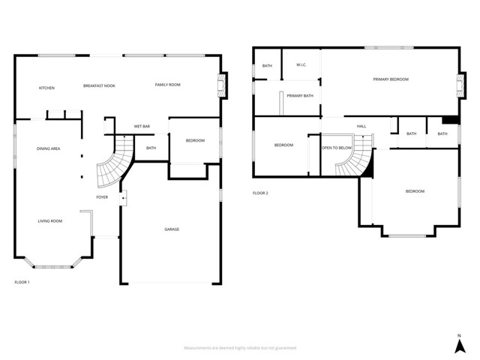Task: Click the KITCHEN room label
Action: pos(46,88)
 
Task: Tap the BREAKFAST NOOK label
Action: pos(99,85)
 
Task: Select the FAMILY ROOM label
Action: pos(168,85)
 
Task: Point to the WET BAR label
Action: pos(142,126)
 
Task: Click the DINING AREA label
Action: pos(49,148)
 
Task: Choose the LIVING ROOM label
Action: pos(50,220)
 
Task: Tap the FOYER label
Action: pos(102,197)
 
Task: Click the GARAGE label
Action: pos(172,229)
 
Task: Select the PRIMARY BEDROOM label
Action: pos(391,79)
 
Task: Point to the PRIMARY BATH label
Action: pos(300,95)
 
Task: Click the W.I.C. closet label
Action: pos(301,64)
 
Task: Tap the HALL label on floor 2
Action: pos(361,126)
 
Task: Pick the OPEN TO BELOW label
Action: pos(337,148)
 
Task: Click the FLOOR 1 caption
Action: pos(22,282)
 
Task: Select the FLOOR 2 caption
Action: pos(260,193)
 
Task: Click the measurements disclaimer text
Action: pos(240,348)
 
